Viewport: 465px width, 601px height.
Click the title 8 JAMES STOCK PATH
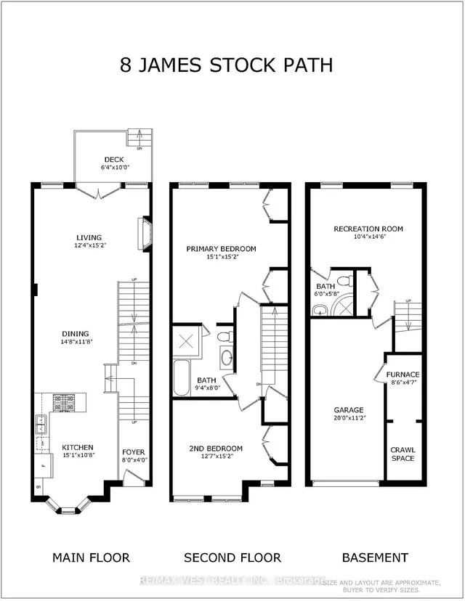[226, 65]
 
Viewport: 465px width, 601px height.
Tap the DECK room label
[114, 160]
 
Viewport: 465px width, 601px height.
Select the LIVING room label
[89, 237]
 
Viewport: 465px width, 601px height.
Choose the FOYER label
[133, 451]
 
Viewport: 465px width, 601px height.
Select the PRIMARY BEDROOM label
[221, 248]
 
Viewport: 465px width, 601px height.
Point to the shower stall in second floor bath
[185, 340]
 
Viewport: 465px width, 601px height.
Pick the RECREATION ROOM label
[368, 229]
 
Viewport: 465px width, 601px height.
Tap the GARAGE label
[349, 409]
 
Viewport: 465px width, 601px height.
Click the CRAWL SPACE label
[403, 454]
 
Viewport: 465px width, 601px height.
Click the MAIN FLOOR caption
[91, 557]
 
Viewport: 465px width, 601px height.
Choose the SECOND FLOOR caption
[232, 557]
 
